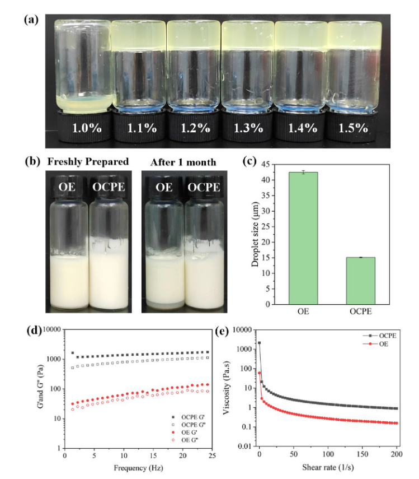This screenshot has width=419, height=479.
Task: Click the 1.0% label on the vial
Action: point(86,128)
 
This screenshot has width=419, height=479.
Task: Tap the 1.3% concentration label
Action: point(248,128)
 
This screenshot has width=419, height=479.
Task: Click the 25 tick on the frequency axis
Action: point(210,455)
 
